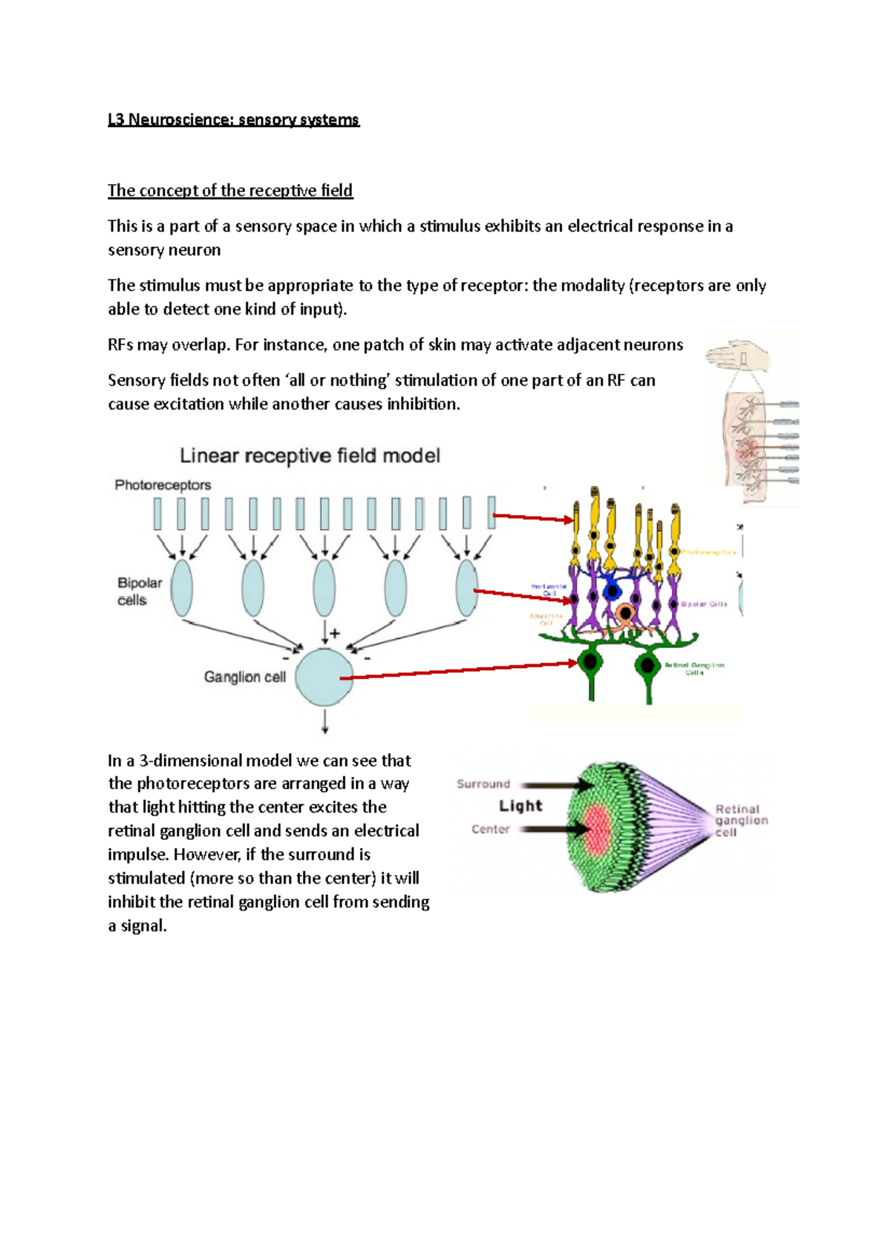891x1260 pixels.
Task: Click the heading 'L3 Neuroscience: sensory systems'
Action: (x=233, y=119)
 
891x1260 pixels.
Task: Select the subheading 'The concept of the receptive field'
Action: (x=230, y=191)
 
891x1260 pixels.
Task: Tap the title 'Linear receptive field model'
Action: (x=310, y=456)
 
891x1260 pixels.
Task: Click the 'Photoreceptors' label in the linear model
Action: (x=163, y=485)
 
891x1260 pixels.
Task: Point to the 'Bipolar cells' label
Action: (x=139, y=591)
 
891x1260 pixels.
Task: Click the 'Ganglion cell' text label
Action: (x=244, y=677)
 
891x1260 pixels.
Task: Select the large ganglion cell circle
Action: (x=324, y=677)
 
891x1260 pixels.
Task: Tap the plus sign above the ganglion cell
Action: (x=335, y=633)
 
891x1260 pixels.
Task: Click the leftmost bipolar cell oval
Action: (x=182, y=588)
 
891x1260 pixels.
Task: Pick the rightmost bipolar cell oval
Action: (x=467, y=588)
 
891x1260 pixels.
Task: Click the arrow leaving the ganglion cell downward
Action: (x=324, y=721)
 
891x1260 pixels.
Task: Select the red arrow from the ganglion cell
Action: (x=460, y=670)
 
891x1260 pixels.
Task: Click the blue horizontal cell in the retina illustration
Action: (x=612, y=591)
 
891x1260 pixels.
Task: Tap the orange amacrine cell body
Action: (x=626, y=614)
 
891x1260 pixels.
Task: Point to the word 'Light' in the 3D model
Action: (x=520, y=806)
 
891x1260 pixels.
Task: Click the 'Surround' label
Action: (x=483, y=784)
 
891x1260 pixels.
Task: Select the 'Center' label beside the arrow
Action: (x=491, y=829)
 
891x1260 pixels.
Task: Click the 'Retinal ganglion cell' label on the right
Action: (x=740, y=821)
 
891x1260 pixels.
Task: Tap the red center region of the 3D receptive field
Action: (x=597, y=828)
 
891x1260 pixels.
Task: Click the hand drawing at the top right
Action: (x=739, y=355)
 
